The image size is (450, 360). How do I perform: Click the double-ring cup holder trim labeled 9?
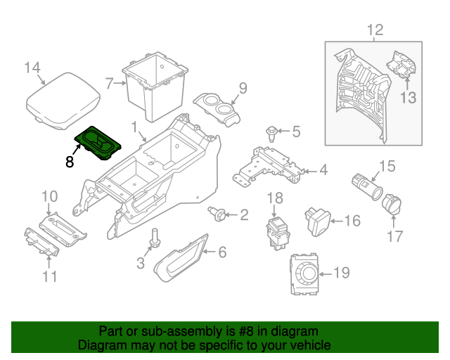pyautogui.click(x=216, y=109)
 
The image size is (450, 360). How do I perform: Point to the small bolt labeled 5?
pyautogui.click(x=271, y=131)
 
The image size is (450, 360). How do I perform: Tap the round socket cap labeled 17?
pyautogui.click(x=390, y=205)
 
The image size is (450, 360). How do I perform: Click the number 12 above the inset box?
pyautogui.click(x=375, y=30)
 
